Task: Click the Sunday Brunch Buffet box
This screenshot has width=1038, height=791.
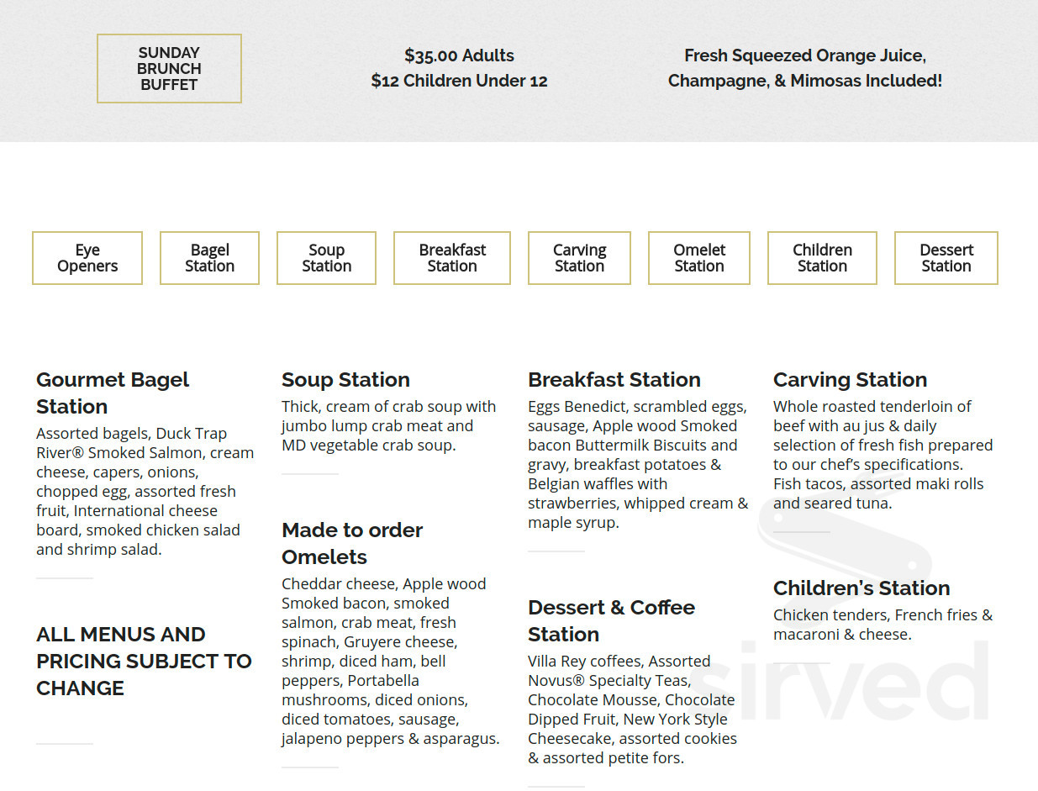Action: coord(169,69)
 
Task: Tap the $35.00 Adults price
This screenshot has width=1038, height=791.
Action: coord(459,55)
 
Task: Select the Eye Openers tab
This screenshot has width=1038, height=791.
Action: coord(87,258)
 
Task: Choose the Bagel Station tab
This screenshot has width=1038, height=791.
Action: coord(209,258)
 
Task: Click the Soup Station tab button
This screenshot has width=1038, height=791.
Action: coord(326,258)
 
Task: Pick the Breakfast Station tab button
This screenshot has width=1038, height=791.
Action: coord(452,258)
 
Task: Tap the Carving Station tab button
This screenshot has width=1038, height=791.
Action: coord(579,258)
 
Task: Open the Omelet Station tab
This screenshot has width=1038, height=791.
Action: coord(699,258)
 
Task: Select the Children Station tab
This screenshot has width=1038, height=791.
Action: coord(822,258)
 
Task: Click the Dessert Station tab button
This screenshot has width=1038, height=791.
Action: coord(946,258)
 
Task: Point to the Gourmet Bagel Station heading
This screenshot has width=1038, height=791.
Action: coord(113,393)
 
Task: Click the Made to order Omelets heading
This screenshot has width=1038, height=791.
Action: coord(352,543)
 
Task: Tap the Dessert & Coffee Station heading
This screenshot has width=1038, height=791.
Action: coord(611,620)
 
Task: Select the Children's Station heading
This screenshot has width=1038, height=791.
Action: coord(861,588)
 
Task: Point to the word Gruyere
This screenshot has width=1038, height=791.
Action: coord(373,642)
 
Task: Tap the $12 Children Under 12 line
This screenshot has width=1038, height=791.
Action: coord(459,81)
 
